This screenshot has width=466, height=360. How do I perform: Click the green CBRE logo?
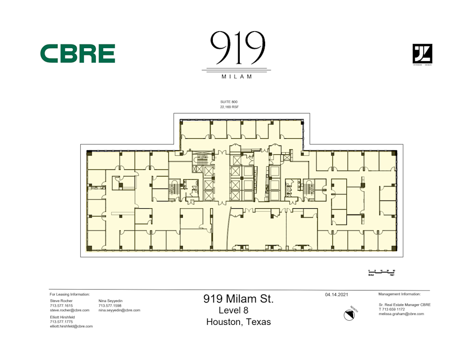pos(78,53)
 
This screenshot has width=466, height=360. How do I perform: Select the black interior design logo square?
pos(422,54)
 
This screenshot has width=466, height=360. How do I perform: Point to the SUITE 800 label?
pos(229,102)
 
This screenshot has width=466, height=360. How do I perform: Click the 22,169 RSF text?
pos(229,107)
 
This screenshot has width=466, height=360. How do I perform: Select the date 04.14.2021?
pos(337,295)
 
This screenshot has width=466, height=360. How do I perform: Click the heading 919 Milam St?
pos(238,299)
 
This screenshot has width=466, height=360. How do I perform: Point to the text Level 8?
pos(238,310)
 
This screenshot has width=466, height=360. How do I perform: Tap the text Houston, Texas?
pos(238,322)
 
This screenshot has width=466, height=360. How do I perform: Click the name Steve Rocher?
pos(61,300)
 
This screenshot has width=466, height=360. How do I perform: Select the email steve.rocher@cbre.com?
pos(69,310)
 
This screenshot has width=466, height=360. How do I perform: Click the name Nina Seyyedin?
pos(110,300)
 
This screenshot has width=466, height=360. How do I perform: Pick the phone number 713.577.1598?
pos(110,306)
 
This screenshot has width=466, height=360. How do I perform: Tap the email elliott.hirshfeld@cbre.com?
pos(71,326)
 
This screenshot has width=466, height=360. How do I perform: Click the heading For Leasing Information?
pos(69,294)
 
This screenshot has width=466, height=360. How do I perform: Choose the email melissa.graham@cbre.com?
pos(401,314)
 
